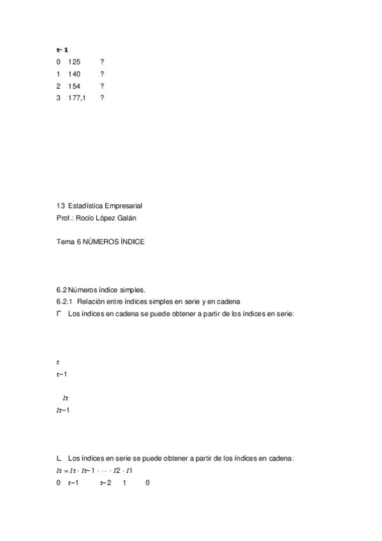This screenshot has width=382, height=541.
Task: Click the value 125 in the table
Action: click(x=74, y=62)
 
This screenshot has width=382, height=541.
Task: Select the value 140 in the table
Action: click(x=74, y=74)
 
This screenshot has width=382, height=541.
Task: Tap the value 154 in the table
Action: click(x=74, y=86)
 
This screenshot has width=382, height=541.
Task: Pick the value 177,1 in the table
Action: click(x=77, y=98)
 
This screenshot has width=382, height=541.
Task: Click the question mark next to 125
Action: click(x=102, y=62)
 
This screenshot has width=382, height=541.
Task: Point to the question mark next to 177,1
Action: click(x=102, y=98)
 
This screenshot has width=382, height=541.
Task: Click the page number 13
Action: click(x=61, y=205)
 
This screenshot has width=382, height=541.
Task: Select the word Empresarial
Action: click(x=122, y=205)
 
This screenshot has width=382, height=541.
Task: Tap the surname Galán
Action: click(x=127, y=218)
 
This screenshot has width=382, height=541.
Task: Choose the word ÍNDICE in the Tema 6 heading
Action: click(x=131, y=242)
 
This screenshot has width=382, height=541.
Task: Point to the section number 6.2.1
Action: click(x=65, y=302)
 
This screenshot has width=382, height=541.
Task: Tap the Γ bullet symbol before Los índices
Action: click(x=59, y=314)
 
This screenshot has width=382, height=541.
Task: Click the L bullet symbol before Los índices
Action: click(x=59, y=459)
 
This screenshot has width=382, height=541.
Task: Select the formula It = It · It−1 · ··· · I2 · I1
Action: click(x=94, y=471)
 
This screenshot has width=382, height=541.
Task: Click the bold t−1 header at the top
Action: click(x=62, y=49)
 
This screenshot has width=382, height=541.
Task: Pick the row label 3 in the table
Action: click(x=58, y=98)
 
